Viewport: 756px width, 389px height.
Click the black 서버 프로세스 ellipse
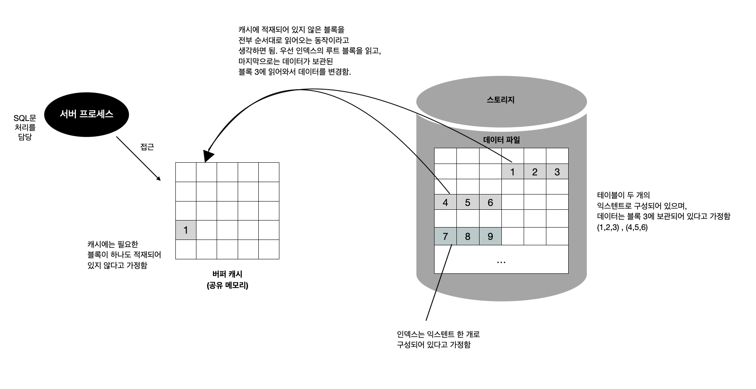(x=86, y=114)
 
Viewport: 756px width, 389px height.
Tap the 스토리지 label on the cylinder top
(x=501, y=100)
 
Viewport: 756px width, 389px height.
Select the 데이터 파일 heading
(x=501, y=140)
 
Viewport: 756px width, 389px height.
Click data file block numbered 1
(x=513, y=172)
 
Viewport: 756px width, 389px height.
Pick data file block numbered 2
(x=535, y=172)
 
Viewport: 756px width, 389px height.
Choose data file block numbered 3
(x=557, y=172)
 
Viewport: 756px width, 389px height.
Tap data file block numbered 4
(x=445, y=202)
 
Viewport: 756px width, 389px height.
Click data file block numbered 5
(x=468, y=202)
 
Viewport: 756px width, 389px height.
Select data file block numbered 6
(x=490, y=202)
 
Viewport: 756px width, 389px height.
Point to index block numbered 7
(x=445, y=237)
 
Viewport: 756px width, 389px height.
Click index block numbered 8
(x=468, y=237)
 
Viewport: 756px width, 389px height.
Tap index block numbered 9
(x=490, y=237)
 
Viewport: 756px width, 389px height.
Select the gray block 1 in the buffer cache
(x=186, y=230)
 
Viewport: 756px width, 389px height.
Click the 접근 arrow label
(x=147, y=147)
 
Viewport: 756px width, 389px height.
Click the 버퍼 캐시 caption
(x=227, y=274)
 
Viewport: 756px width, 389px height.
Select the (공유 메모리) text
(x=227, y=285)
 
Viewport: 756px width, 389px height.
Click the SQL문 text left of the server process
(x=25, y=119)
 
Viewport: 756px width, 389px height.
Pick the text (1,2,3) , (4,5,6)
(x=622, y=228)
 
